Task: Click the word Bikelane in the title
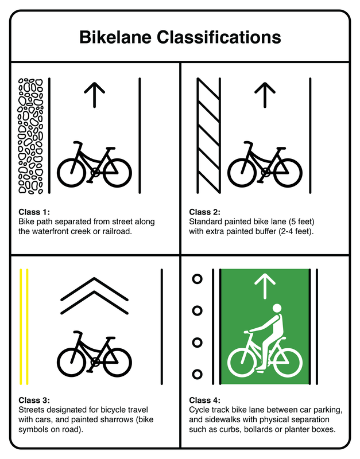click(x=115, y=37)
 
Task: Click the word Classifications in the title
click(x=219, y=37)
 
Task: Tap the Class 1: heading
click(x=34, y=212)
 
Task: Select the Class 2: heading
click(x=205, y=212)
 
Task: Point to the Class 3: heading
click(x=34, y=400)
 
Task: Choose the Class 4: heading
click(x=205, y=400)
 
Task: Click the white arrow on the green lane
click(x=265, y=286)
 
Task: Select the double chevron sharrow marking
click(x=94, y=295)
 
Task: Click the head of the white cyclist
click(x=277, y=309)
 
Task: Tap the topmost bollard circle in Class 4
click(x=197, y=279)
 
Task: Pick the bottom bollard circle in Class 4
click(x=197, y=374)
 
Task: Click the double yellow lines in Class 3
click(x=24, y=326)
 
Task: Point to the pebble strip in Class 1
click(x=31, y=136)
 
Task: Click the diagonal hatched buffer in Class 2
click(x=208, y=136)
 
